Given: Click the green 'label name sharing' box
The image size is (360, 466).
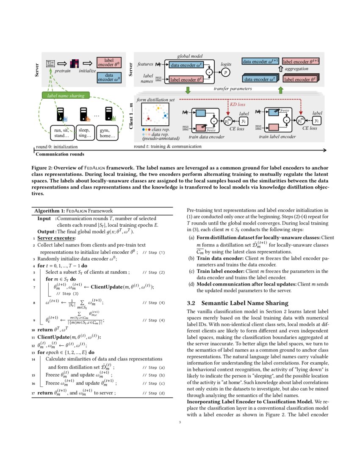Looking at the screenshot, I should [66, 96].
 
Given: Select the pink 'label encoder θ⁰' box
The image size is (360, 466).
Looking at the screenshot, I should [109, 62].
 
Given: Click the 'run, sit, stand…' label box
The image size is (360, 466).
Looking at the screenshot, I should [62, 133].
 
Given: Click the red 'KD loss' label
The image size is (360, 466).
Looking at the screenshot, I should [238, 103].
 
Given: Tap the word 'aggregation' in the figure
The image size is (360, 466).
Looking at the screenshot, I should [296, 69].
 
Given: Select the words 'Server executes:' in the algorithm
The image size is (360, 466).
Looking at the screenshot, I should [55, 239].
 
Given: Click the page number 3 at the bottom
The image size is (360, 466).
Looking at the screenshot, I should [180, 422].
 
